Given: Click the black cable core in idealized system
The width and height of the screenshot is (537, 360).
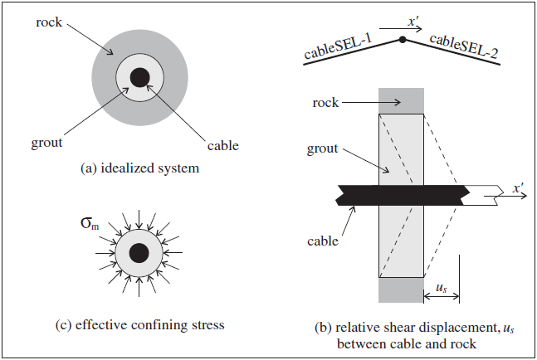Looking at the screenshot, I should pos(140,77).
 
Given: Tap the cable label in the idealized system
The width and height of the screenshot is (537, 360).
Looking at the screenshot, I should pos(222,145).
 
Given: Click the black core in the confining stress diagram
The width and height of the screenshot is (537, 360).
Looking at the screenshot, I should pos(139,254).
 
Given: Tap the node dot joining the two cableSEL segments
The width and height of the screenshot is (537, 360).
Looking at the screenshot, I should pos(403,39).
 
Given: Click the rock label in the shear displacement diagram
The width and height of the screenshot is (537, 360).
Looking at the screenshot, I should pos(325,103).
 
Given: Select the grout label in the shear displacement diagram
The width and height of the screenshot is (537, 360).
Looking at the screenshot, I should pos(325,148).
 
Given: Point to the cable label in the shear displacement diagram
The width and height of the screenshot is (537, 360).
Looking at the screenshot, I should pos(323,241).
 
